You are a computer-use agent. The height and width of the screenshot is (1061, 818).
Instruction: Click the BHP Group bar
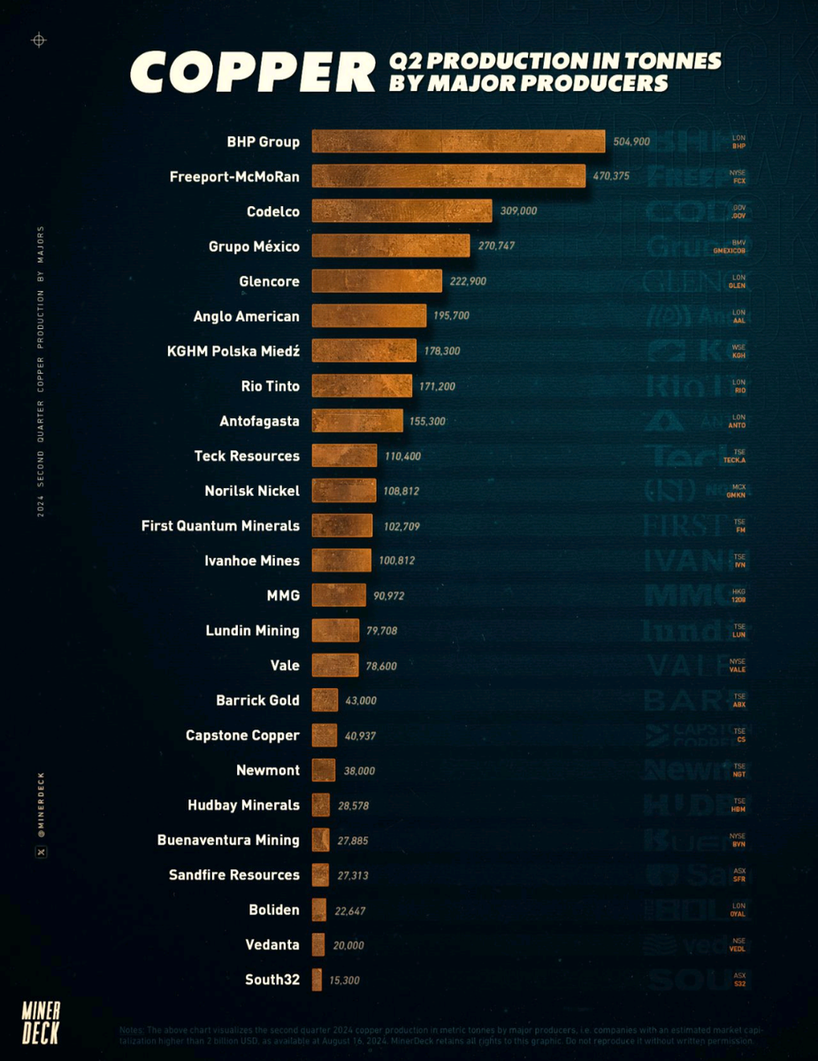[458, 141]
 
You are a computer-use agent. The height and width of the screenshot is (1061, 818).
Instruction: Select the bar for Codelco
[401, 211]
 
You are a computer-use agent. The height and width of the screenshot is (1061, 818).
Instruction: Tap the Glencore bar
[377, 281]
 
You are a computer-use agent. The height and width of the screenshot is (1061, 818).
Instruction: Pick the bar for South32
[317, 980]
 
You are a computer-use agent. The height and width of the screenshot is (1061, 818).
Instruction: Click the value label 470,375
[611, 177]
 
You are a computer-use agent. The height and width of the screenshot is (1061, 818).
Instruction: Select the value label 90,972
[389, 596]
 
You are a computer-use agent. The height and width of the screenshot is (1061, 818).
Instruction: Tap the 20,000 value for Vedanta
[348, 945]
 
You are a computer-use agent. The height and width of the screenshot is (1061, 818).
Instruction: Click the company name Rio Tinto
[270, 386]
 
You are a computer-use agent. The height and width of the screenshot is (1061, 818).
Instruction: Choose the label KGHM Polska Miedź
[233, 351]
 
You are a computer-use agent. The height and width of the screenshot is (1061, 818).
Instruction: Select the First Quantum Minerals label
[220, 526]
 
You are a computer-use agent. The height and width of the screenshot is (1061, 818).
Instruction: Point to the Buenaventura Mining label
[228, 840]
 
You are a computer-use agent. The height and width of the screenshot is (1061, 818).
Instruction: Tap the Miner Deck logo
[41, 1022]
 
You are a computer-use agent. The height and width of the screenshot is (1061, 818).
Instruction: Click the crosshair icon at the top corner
[38, 40]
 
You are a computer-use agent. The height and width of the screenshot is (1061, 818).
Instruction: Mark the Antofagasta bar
[357, 421]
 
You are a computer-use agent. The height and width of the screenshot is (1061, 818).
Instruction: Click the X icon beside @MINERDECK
[41, 851]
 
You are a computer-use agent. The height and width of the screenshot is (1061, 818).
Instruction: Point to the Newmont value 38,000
[359, 771]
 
